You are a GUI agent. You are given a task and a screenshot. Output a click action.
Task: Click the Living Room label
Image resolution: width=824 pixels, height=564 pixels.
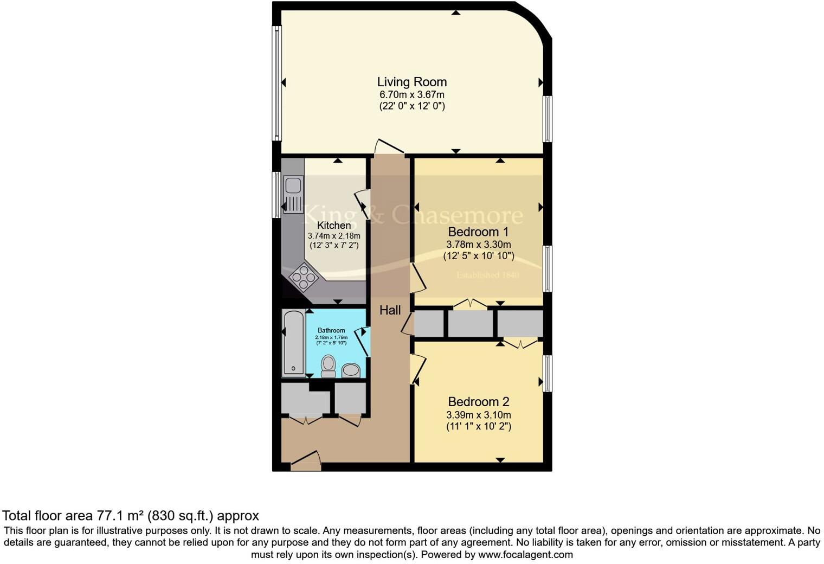(412, 82)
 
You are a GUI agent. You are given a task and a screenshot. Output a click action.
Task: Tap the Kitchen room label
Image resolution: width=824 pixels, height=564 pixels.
(334, 225)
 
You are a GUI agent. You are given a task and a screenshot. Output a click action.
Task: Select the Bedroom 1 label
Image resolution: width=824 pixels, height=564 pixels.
(478, 232)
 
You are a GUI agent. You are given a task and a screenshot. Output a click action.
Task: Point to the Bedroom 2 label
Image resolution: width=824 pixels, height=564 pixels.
(478, 402)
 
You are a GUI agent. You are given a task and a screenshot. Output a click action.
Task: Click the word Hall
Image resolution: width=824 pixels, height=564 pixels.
(390, 310)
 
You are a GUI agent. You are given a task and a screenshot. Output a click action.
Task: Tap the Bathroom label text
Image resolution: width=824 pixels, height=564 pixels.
(331, 330)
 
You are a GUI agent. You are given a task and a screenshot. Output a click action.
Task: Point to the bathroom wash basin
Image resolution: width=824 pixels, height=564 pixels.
(351, 370)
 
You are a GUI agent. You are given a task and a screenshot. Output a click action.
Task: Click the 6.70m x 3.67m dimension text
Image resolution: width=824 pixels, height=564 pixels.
(412, 95)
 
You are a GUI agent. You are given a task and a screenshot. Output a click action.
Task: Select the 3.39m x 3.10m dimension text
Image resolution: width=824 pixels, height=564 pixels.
(478, 415)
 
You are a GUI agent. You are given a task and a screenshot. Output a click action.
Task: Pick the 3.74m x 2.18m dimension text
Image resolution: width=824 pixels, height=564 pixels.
(334, 236)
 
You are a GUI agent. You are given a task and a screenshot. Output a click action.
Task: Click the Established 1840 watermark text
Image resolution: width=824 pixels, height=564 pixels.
(488, 275)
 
